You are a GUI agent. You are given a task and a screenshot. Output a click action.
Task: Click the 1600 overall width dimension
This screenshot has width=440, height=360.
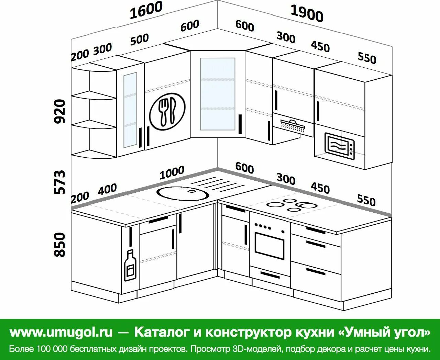coord(146,10)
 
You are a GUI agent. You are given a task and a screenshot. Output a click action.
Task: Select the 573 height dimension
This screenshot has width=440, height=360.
coord(60,182)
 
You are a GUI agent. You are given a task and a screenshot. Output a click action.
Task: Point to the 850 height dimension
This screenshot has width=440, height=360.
coord(60,244)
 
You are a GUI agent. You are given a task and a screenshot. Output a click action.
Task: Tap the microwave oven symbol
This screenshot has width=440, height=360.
coord(340,146)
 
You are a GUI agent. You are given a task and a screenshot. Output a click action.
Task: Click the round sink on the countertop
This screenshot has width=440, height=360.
coord(183,193)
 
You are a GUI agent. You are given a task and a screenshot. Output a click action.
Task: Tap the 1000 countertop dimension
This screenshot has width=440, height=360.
coord(172,172)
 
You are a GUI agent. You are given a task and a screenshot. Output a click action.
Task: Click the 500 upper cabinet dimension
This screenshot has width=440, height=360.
coord(139,40)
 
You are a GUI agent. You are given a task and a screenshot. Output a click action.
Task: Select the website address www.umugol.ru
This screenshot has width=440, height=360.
coord(61,332)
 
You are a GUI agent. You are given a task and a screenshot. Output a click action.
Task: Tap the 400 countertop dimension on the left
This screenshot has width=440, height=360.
coord(107,189)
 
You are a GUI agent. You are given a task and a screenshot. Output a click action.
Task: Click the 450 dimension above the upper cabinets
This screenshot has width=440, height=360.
coord(320,46)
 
